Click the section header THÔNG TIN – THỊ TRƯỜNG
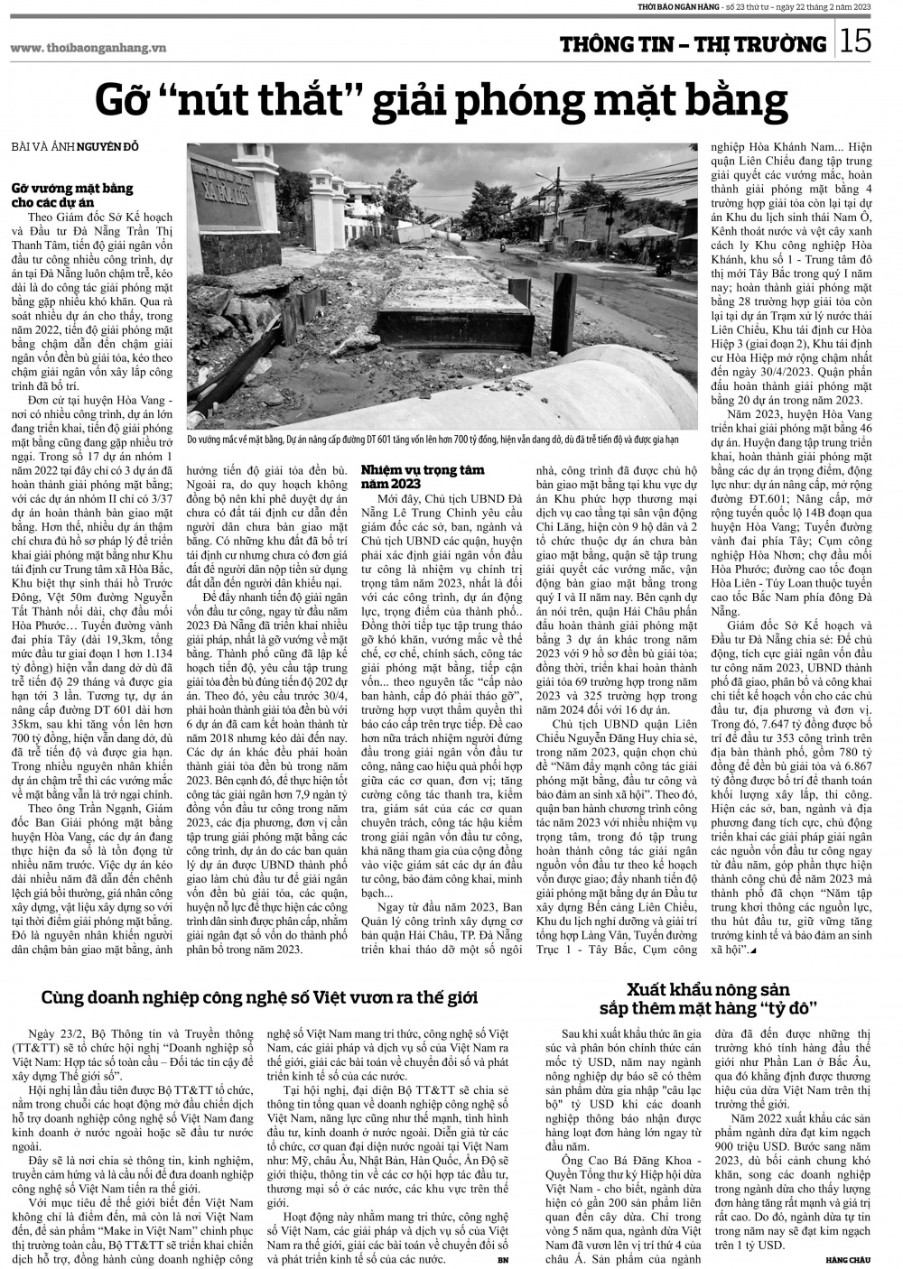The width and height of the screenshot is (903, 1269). (693, 43)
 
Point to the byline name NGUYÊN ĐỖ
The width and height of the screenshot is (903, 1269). (107, 147)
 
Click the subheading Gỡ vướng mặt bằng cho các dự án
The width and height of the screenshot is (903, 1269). (72, 196)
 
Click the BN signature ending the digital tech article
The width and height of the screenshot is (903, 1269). (503, 1257)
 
